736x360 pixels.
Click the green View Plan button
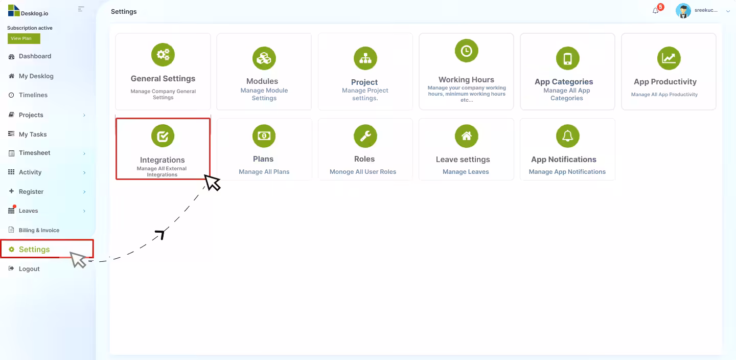tap(24, 38)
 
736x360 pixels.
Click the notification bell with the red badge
tap(656, 11)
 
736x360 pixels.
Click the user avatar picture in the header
tap(683, 11)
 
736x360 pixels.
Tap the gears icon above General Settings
tap(163, 55)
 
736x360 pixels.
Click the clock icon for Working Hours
tap(466, 51)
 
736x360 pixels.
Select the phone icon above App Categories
tap(567, 58)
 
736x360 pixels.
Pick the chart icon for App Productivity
tap(669, 58)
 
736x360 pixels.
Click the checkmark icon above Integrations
tap(163, 136)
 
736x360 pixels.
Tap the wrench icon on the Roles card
tap(365, 136)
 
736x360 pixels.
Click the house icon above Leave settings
tap(466, 136)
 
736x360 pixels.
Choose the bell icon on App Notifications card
tap(567, 136)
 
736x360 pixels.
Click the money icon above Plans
tap(264, 136)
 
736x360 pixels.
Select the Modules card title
tap(262, 81)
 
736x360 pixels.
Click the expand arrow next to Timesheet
tap(84, 153)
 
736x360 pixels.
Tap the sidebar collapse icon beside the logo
tap(81, 9)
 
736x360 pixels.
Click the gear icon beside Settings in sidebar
tap(11, 250)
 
